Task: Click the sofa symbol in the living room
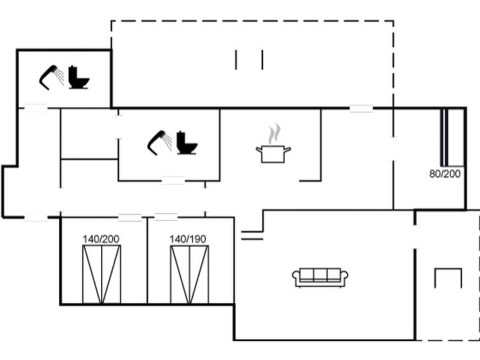point(320,277)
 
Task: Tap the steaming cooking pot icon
point(273,143)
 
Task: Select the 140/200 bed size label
point(101,239)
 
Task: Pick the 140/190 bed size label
point(188,239)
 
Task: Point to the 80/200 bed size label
point(445,174)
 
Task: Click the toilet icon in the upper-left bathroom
point(78,77)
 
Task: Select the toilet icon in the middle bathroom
point(187,142)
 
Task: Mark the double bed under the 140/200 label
point(102,274)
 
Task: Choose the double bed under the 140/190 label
point(189,274)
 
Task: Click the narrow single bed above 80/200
point(444,137)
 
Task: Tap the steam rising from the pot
point(273,134)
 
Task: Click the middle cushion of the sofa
point(320,274)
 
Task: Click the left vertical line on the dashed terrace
point(236,60)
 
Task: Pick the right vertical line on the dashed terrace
point(263,60)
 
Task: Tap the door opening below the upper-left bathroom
point(36,108)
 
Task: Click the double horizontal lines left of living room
point(252,235)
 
